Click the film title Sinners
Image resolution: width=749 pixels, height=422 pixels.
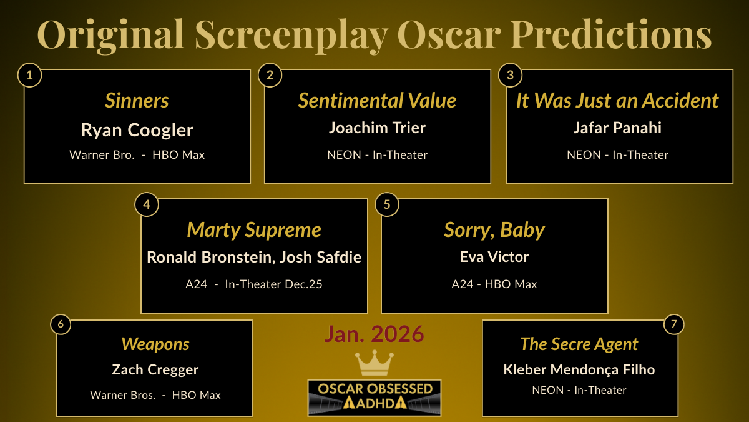(x=137, y=101)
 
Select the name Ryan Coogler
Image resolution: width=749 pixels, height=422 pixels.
(x=137, y=130)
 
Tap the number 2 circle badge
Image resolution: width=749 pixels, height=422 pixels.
(x=270, y=76)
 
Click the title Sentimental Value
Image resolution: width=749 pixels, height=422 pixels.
(x=377, y=101)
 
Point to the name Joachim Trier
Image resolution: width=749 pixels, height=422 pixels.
(x=377, y=128)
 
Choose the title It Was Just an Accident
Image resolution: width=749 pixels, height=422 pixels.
(x=617, y=101)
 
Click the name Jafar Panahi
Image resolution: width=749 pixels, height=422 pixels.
(x=617, y=128)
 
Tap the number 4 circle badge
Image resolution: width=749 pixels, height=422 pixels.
(x=147, y=204)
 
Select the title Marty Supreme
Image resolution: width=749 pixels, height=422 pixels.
(x=254, y=230)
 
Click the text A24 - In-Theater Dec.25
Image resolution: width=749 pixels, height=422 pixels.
(x=254, y=284)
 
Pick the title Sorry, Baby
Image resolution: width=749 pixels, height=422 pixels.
(x=494, y=230)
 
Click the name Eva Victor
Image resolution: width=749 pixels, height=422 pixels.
(x=494, y=257)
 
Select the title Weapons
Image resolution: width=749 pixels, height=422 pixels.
(x=155, y=344)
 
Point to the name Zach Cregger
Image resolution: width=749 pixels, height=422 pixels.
(x=155, y=369)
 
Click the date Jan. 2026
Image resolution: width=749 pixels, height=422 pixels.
(x=374, y=334)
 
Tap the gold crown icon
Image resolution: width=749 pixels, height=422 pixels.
(x=374, y=363)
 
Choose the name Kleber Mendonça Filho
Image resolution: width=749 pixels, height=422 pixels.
(x=579, y=369)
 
